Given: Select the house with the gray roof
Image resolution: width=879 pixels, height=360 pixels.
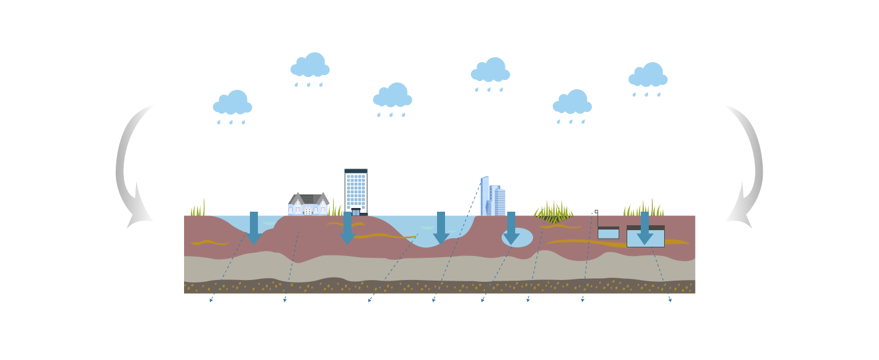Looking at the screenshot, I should click(308, 204).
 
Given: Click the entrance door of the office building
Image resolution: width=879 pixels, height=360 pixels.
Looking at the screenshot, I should click(356, 212).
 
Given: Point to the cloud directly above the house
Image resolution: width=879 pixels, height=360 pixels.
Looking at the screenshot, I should click(310, 66).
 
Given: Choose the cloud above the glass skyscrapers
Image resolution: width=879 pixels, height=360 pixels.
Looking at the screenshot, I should click(491, 71).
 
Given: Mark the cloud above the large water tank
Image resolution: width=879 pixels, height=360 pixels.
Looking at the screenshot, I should click(648, 76).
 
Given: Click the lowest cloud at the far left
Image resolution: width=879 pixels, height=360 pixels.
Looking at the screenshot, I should click(233, 103).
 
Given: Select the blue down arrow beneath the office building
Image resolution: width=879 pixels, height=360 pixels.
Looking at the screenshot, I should click(348, 228).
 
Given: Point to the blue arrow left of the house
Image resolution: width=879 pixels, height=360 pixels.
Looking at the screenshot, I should click(254, 228).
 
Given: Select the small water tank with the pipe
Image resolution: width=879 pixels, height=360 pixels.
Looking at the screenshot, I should click(608, 233).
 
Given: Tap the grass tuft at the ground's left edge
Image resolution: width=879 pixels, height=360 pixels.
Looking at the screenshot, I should click(198, 209).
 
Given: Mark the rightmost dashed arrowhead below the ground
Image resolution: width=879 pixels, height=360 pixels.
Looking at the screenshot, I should click(670, 300).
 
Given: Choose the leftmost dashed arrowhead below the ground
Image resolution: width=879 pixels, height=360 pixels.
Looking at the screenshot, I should click(211, 300).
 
